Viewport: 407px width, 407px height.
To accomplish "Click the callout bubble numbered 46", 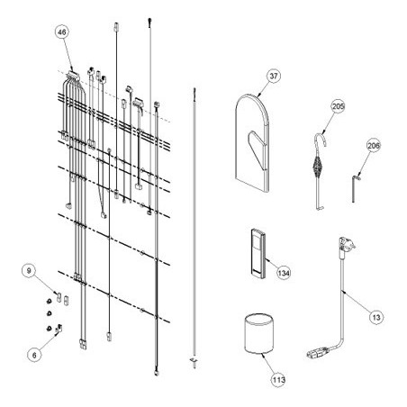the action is click(62, 32).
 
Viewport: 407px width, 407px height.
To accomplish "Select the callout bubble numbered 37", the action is click(274, 76).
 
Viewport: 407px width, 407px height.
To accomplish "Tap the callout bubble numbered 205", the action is click(338, 106).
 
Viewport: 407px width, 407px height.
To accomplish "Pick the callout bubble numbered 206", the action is click(374, 146).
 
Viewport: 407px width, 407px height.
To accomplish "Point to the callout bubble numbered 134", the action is click(284, 273).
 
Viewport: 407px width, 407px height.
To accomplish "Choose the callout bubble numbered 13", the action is click(376, 317).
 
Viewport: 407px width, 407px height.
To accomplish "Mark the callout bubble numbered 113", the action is click(278, 380).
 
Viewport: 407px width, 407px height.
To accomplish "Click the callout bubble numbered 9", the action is click(29, 271).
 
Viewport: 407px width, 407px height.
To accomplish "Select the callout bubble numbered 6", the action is click(34, 355).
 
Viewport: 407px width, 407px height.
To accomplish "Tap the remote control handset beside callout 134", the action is click(258, 252).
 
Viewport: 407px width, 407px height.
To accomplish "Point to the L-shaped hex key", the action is click(354, 189).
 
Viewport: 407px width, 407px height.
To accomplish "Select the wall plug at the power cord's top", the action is click(346, 246).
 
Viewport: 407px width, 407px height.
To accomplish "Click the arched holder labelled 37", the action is click(252, 142).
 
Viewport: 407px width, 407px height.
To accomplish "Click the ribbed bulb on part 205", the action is click(316, 166).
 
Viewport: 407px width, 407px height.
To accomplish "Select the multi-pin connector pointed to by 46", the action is click(73, 75).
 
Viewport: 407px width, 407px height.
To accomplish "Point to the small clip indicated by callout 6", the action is click(59, 329).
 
